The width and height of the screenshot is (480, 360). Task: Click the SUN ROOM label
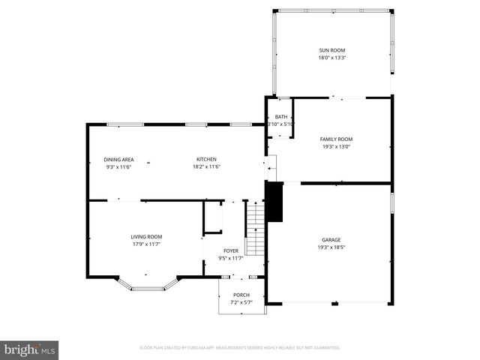[331, 50]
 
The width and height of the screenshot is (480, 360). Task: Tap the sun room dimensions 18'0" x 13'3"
[331, 57]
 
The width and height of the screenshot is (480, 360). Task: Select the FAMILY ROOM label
[336, 139]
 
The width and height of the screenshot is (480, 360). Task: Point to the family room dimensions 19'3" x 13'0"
[336, 146]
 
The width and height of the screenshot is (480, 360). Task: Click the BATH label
[281, 117]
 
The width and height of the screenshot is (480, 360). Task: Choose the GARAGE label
[331, 240]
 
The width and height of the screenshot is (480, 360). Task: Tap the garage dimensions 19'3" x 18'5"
[331, 247]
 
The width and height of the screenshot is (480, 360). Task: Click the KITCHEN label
[206, 160]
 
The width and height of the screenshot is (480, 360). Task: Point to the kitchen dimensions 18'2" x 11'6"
[206, 166]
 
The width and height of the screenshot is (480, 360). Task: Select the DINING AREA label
[118, 160]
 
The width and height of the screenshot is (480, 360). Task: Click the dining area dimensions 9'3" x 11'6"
[118, 166]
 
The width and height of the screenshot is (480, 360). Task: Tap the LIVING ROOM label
[146, 237]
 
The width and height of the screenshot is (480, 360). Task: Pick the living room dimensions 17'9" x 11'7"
[146, 244]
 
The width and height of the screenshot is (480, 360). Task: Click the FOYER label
[231, 250]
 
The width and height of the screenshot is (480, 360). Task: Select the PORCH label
[241, 295]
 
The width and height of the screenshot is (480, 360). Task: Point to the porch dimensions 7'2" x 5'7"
[241, 301]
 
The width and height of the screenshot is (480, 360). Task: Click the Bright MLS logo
[30, 349]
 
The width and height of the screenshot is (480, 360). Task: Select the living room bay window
[148, 286]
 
